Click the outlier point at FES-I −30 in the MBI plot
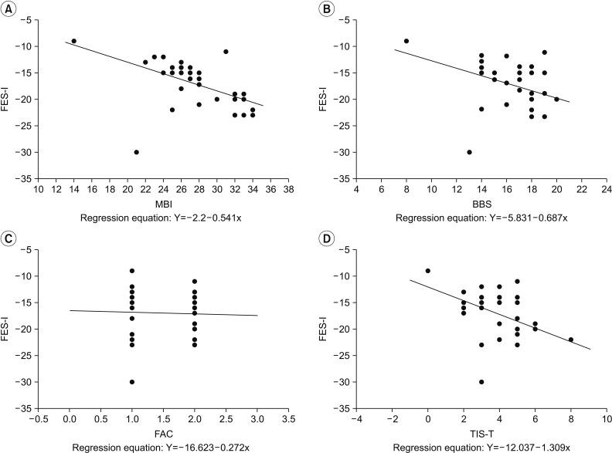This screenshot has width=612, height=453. [x=137, y=152]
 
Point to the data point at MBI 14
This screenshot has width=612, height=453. [x=74, y=41]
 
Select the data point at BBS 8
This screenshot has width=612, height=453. [x=406, y=41]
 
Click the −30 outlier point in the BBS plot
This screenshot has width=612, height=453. [x=469, y=152]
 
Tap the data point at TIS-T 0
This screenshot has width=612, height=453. [x=427, y=271]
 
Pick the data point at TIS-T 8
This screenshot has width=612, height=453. [x=571, y=340]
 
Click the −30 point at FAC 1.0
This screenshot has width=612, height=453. [x=132, y=382]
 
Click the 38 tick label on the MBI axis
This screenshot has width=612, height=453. [x=288, y=188]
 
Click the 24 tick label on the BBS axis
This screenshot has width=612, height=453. [x=606, y=188]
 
